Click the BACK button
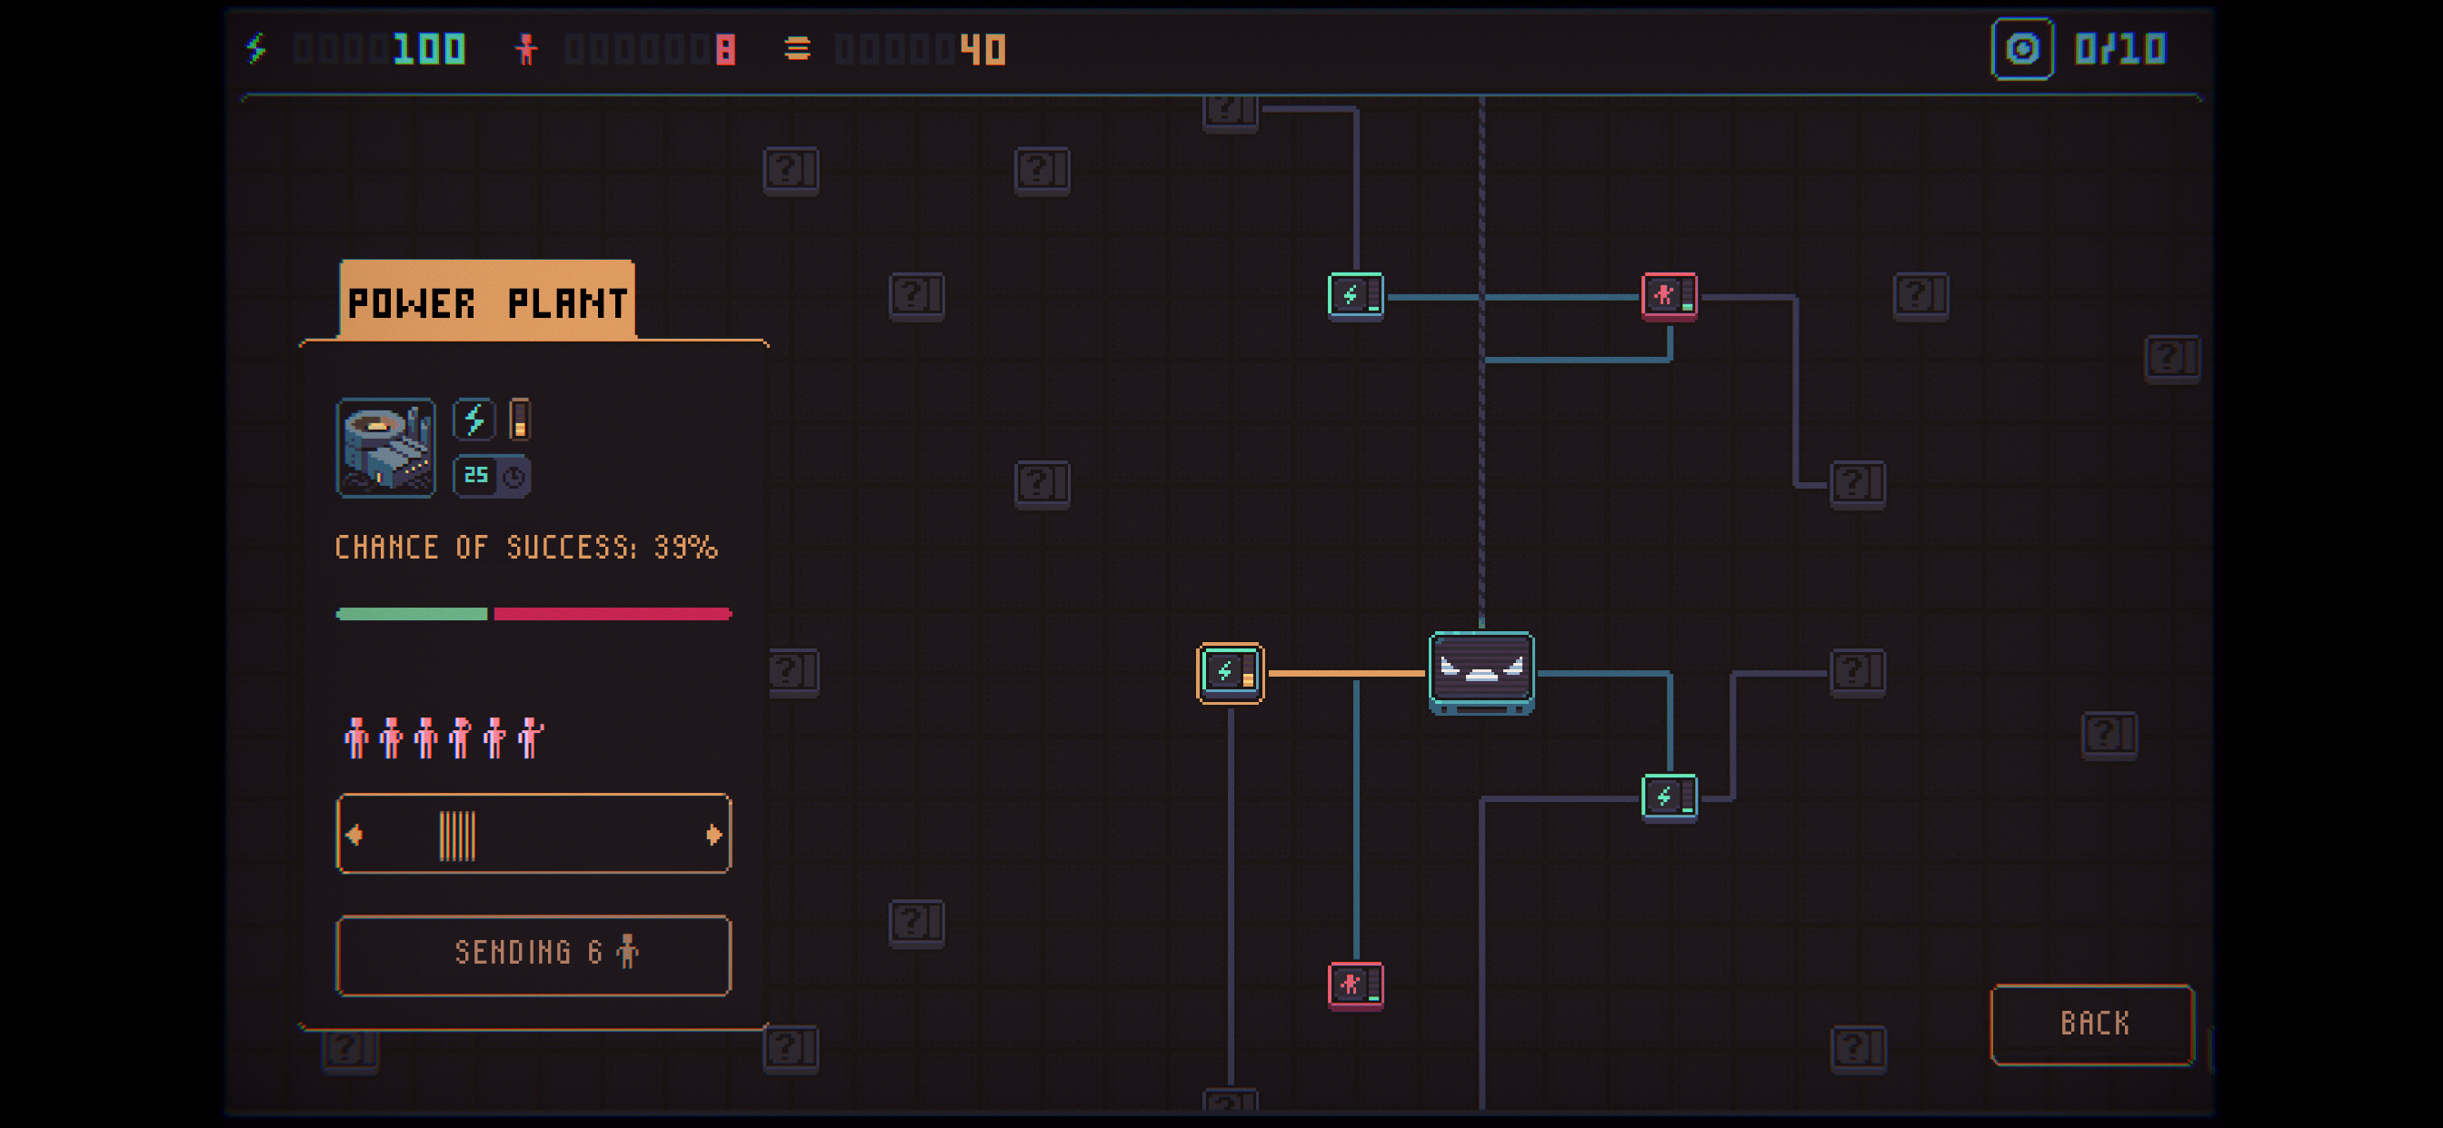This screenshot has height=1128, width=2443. click(x=2092, y=1024)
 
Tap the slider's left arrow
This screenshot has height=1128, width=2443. click(x=354, y=834)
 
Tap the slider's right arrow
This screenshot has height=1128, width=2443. click(x=714, y=834)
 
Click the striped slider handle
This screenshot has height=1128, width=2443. click(x=457, y=835)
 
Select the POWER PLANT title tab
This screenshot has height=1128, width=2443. click(x=487, y=301)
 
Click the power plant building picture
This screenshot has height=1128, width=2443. click(x=387, y=448)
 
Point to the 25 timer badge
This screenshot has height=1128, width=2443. click(x=492, y=476)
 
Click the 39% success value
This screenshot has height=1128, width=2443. click(x=685, y=548)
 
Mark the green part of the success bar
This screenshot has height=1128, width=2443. click(x=412, y=614)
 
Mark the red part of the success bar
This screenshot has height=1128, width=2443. click(x=613, y=614)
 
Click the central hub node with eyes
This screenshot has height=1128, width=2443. click(x=1481, y=673)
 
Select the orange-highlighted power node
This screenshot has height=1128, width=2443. click(x=1230, y=673)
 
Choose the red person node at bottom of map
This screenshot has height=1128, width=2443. click(x=1355, y=985)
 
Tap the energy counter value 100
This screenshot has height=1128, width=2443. click(x=430, y=49)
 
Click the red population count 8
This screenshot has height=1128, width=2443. click(x=725, y=49)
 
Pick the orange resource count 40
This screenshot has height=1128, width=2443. click(x=982, y=49)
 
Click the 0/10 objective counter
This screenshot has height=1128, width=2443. click(x=2120, y=49)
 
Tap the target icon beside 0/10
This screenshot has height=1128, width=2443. click(x=2022, y=49)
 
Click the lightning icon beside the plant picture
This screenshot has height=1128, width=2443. click(x=474, y=420)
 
